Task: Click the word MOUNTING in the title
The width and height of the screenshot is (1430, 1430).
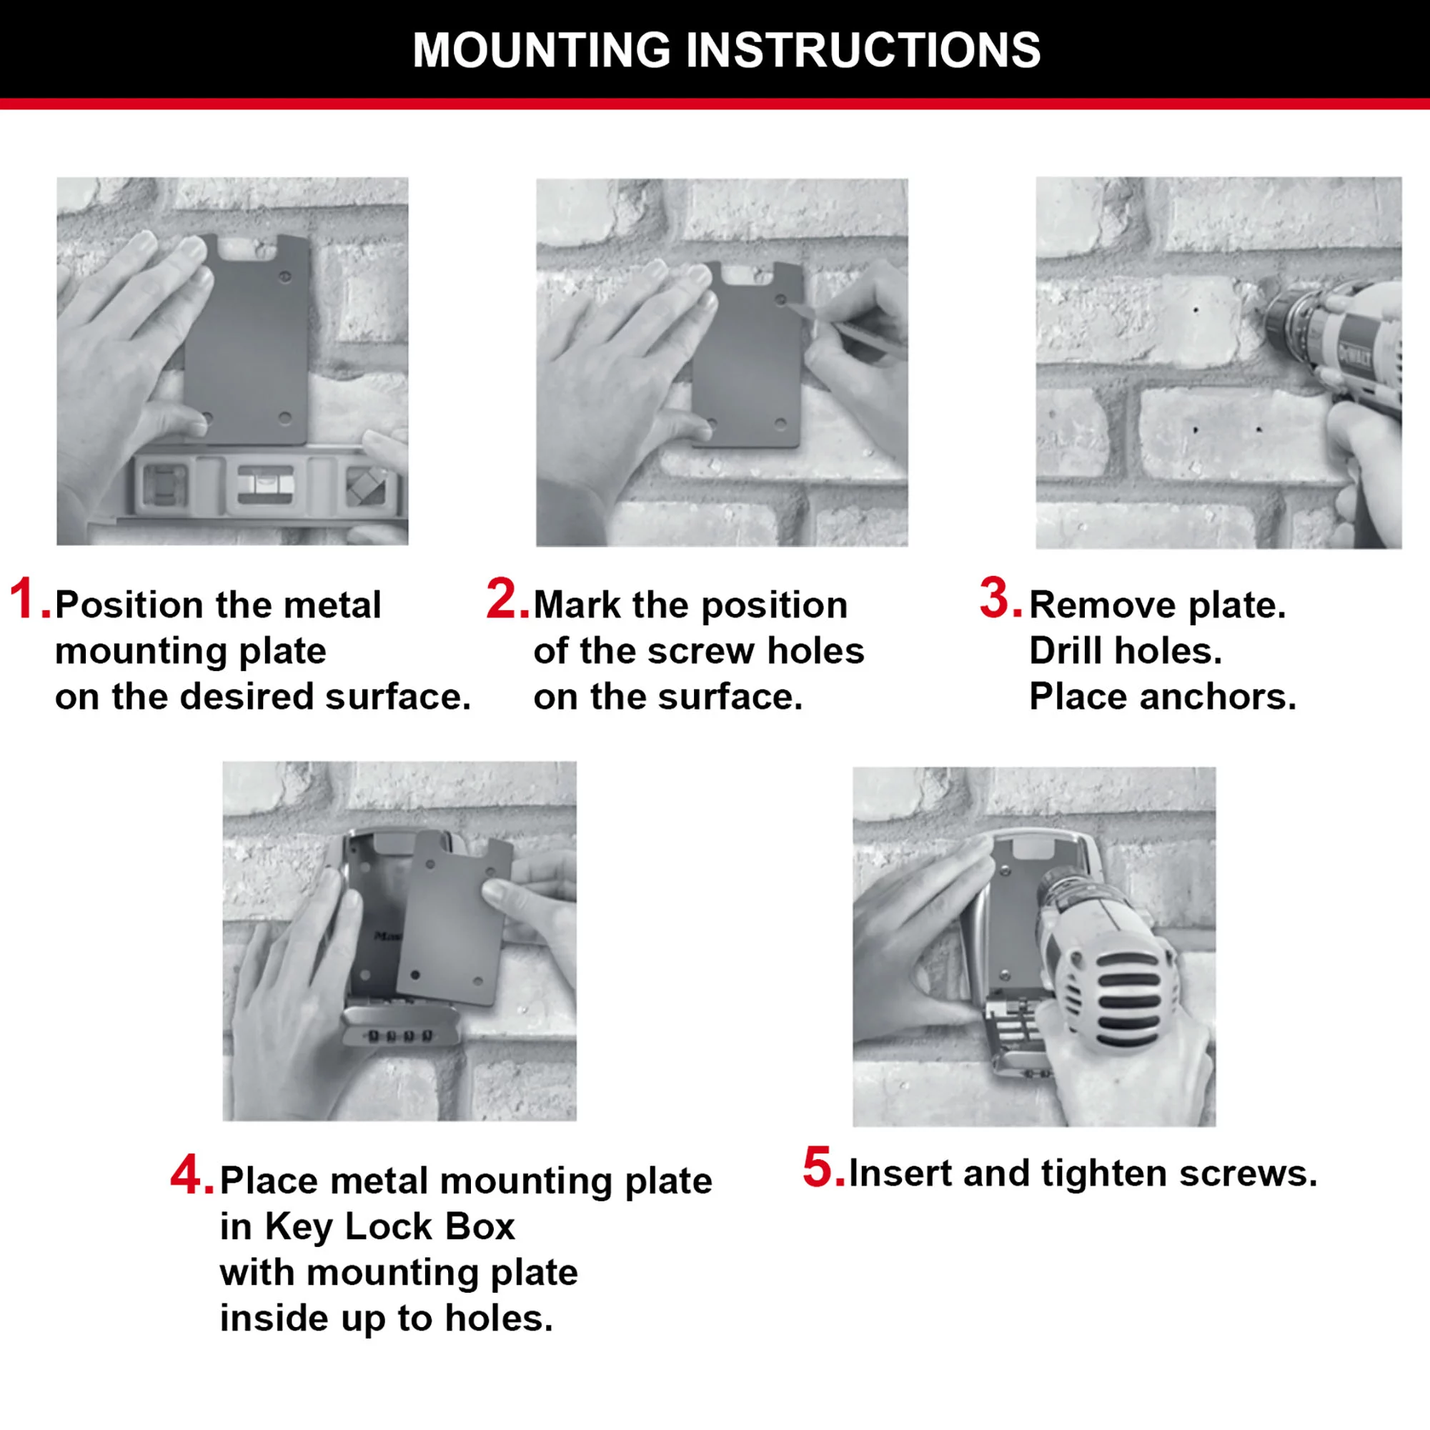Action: tap(541, 50)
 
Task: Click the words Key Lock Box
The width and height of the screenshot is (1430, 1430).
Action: tap(389, 1227)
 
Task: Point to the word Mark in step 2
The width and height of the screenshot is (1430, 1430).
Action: tap(577, 605)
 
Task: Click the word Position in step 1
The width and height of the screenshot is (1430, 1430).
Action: tap(129, 605)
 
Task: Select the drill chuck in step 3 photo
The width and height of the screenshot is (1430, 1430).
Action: tap(1291, 322)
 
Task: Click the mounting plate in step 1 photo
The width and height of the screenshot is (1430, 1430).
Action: tap(248, 340)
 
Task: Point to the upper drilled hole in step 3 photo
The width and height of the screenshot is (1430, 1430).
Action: tap(1196, 309)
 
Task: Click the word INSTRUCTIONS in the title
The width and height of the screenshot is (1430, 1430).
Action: tap(863, 50)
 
